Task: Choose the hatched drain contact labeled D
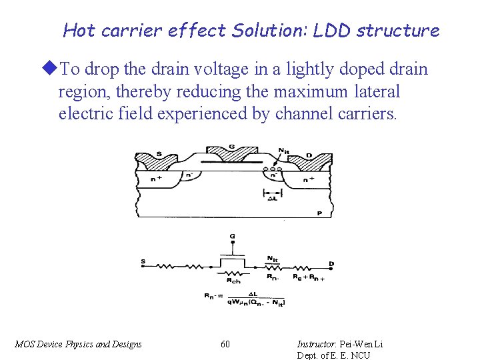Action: click(313, 160)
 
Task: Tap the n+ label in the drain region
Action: click(309, 179)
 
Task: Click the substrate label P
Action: click(319, 213)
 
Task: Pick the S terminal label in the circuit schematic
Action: click(143, 262)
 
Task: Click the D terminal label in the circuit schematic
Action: click(331, 265)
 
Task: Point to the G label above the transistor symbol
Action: click(232, 237)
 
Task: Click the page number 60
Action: click(225, 344)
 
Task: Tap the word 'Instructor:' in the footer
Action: click(317, 344)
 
